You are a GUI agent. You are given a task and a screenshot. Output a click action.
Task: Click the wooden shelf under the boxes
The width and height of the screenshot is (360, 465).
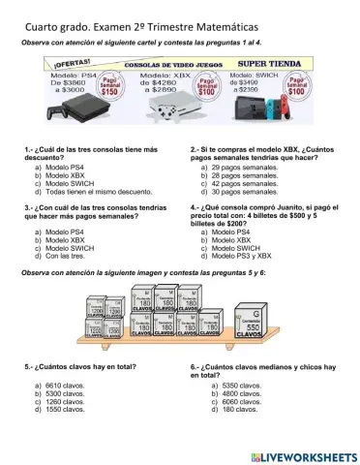[x=179, y=345]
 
